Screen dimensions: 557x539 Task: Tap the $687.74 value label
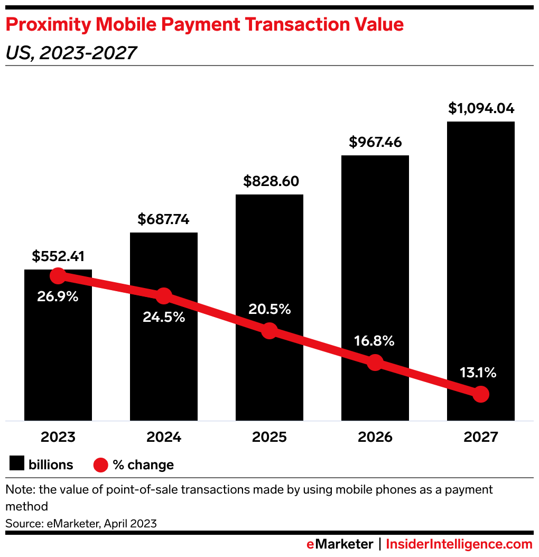point(163,219)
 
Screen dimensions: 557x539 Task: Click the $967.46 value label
point(375,142)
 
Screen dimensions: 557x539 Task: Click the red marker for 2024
point(164,296)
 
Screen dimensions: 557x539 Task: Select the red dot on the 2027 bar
point(480,394)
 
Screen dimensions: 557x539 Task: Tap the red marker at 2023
point(58,275)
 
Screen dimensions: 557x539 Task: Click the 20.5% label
point(269,310)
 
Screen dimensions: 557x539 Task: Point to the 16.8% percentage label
point(374,341)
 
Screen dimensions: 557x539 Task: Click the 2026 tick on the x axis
point(375,438)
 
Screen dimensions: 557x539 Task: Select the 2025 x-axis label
point(269,438)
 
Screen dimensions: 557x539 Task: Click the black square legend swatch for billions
point(17,465)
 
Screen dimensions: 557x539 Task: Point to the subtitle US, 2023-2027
point(71,53)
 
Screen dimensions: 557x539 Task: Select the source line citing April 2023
point(81,524)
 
